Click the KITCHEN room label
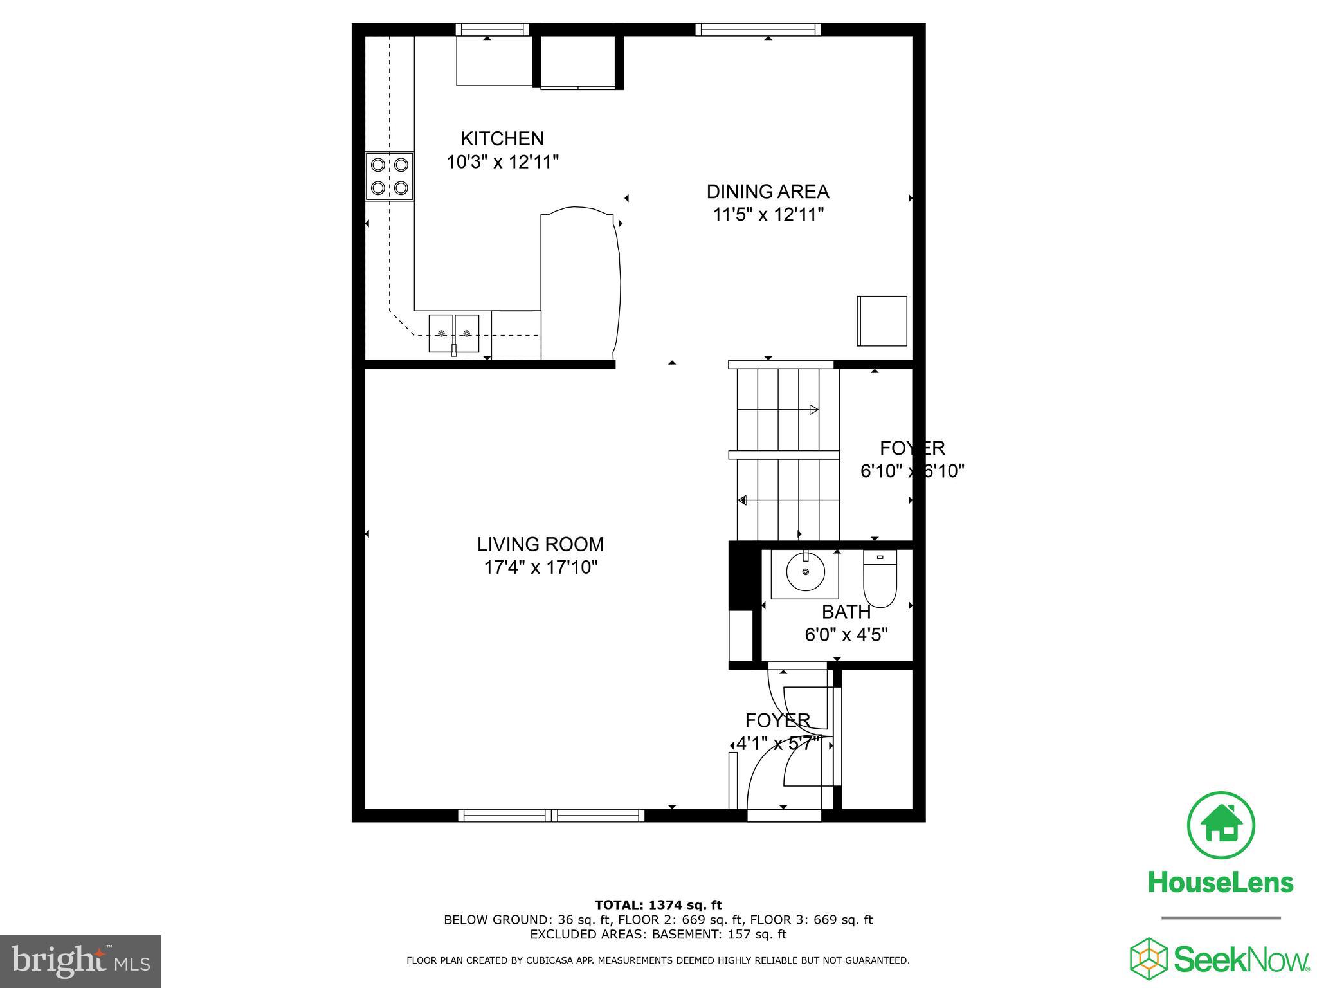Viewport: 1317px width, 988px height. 502,138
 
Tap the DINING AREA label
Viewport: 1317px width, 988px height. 767,192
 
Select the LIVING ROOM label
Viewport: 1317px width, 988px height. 540,544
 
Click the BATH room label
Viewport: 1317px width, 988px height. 846,612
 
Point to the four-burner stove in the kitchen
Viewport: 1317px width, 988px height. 390,176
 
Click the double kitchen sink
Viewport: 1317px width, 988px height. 453,333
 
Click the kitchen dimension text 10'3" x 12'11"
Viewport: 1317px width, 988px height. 502,161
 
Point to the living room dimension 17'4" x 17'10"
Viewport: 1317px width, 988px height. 541,567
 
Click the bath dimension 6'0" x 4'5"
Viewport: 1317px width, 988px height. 846,635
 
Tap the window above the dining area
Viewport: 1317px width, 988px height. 758,29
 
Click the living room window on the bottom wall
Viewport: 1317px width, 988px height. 551,816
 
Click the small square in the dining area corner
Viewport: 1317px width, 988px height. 882,321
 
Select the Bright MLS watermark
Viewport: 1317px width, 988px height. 80,961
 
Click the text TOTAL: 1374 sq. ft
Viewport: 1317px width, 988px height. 658,905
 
